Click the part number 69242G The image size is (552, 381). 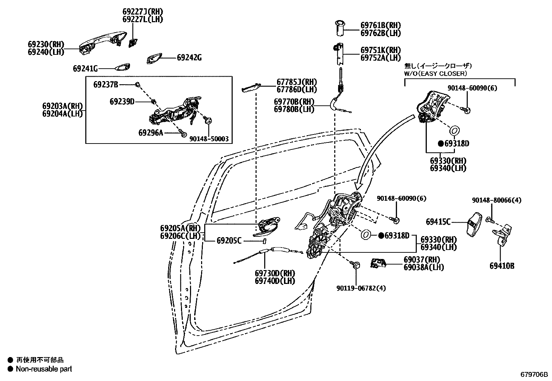[189, 58]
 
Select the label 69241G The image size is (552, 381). [85, 68]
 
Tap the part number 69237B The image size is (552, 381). [106, 84]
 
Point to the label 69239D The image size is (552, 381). [122, 101]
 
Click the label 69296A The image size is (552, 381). [150, 132]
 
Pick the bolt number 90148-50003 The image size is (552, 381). [209, 139]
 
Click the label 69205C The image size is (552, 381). [229, 240]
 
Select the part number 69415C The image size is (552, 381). [438, 222]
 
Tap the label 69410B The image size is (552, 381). [502, 266]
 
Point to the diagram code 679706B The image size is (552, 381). [534, 375]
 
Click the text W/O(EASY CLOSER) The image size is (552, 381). [435, 73]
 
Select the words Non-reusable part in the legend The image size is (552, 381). [44, 369]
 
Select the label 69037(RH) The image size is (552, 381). [421, 260]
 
